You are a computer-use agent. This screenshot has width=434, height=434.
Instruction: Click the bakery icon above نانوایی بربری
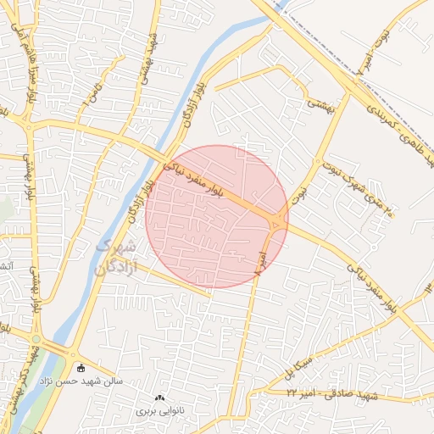coord(159,398)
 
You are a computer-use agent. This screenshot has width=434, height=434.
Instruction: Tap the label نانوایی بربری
coord(159,411)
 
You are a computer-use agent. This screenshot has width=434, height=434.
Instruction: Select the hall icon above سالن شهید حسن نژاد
coord(81,368)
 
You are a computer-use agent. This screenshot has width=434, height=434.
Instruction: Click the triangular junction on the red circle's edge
coord(279,222)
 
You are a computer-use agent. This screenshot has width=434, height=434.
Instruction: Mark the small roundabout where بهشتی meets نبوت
coord(317,161)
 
